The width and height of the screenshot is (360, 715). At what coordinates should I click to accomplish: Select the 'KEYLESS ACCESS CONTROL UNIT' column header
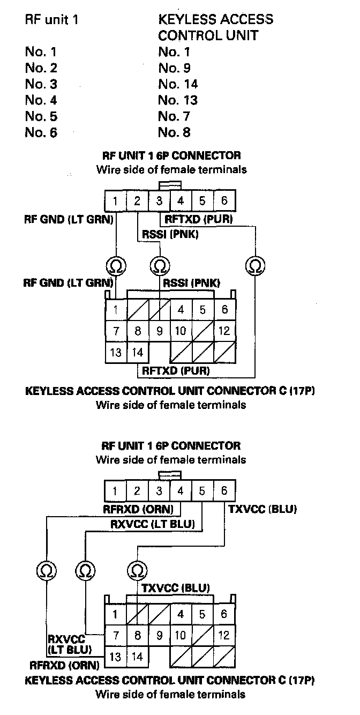[215, 27]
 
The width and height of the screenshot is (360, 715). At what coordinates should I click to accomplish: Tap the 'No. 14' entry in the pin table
[178, 84]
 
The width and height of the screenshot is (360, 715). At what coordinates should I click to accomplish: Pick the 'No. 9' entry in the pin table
[174, 68]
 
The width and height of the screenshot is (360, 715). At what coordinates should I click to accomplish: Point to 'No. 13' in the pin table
[178, 100]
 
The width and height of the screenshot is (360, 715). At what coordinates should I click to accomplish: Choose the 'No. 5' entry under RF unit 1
[41, 116]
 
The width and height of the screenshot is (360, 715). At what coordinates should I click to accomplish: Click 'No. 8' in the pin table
[174, 132]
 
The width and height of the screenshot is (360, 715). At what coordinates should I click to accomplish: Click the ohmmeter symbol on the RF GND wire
[116, 265]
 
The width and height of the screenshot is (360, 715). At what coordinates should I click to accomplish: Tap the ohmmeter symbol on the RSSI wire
[159, 265]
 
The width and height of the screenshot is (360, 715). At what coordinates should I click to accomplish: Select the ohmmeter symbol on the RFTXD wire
[255, 265]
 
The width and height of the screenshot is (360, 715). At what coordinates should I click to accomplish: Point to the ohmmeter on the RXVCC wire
[85, 570]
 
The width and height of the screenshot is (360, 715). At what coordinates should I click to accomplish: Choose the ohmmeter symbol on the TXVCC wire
[138, 570]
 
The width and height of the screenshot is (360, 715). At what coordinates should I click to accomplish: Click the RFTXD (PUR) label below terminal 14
[175, 370]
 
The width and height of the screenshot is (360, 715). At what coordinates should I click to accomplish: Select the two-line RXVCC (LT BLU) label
[69, 644]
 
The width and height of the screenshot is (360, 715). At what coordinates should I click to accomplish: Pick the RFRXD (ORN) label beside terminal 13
[65, 666]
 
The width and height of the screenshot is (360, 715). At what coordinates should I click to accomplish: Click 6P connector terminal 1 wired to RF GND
[116, 202]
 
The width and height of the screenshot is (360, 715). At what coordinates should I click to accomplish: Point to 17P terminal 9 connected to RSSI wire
[159, 331]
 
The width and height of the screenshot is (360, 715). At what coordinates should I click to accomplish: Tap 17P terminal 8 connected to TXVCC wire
[138, 636]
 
